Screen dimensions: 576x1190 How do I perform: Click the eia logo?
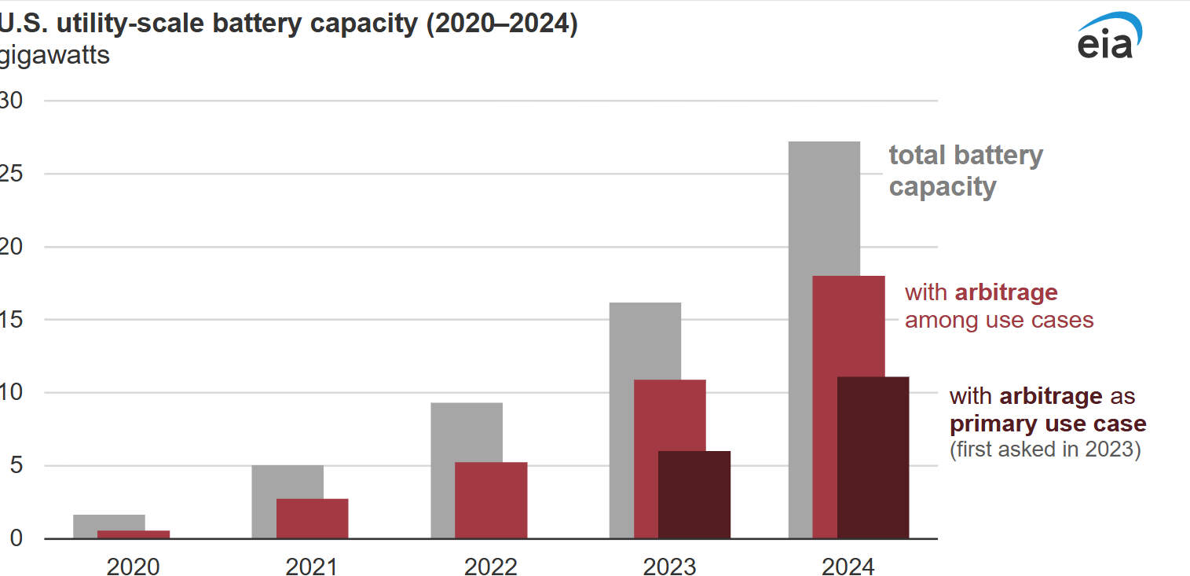click(1108, 38)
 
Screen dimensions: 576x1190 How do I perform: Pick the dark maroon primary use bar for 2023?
click(694, 494)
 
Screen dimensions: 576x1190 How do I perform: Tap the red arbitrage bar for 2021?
click(312, 518)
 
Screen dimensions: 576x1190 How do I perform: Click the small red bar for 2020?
click(134, 534)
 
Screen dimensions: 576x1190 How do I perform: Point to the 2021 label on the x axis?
click(312, 566)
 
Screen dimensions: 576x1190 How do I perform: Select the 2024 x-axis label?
click(848, 566)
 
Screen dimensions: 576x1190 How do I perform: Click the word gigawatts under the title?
click(55, 57)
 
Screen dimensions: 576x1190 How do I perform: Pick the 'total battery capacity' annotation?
click(965, 171)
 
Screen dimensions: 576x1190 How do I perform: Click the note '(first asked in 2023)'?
click(1045, 450)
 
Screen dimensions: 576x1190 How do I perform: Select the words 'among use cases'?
click(999, 320)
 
